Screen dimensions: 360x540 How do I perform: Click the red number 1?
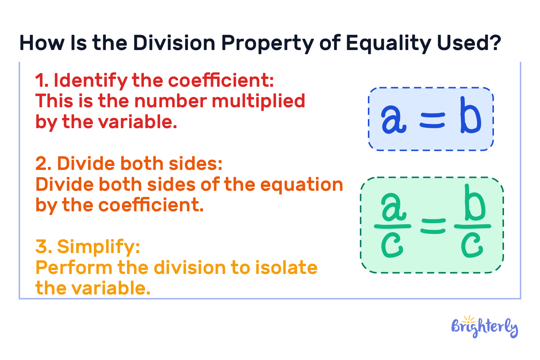[x=40, y=81]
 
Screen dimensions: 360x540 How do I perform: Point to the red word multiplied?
[x=258, y=101]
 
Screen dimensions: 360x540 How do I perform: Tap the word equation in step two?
[x=301, y=185]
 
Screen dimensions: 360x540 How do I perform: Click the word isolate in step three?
[x=286, y=268]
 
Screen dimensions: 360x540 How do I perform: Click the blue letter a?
[x=393, y=120]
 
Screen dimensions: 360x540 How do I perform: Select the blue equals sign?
[x=432, y=120]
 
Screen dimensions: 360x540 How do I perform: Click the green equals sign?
[x=433, y=226]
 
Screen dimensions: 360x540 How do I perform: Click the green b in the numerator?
[x=474, y=203]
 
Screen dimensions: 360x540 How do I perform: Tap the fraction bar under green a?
[x=392, y=226]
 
